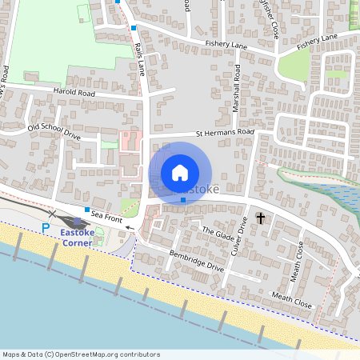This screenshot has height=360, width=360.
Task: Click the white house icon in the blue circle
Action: click(180, 173)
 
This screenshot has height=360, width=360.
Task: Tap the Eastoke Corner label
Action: click(77, 237)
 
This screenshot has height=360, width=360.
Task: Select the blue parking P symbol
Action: click(46, 228)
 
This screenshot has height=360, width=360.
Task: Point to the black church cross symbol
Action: click(260, 218)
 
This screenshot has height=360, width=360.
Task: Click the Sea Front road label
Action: click(106, 216)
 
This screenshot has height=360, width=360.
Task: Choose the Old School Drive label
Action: click(54, 132)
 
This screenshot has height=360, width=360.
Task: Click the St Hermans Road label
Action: click(225, 132)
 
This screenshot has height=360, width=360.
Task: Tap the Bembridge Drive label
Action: click(196, 262)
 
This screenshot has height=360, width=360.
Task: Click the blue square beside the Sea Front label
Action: click(86, 210)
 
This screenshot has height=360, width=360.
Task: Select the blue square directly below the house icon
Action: click(183, 200)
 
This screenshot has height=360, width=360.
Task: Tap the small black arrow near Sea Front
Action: click(127, 227)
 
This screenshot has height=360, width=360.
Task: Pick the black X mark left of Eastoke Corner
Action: click(52, 214)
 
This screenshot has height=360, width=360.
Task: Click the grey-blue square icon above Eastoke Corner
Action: click(78, 222)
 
